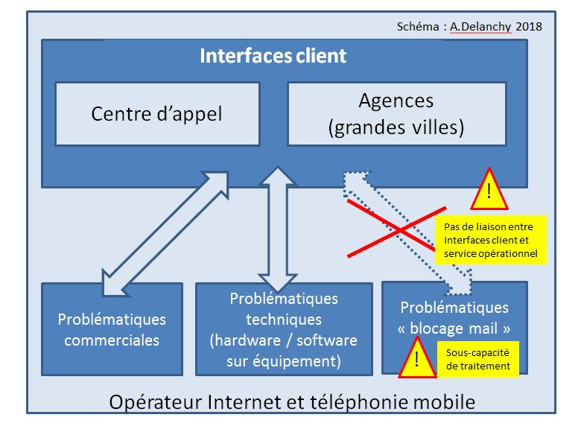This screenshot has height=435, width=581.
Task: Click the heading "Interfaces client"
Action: pos(273,57)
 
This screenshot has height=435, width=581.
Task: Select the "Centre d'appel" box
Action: pos(156,114)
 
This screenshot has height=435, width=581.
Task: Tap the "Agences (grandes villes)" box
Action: pos(396,114)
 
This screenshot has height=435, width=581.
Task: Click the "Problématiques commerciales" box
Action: pos(112,329)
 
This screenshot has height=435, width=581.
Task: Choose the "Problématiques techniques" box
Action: pos(284,329)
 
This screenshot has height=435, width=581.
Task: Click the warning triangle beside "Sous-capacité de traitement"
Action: pos(416,360)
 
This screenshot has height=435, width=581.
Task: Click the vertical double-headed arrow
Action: pos(279,229)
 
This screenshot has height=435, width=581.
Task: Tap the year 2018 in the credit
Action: pos(528,26)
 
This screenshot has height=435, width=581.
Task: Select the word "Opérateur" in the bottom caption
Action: pos(150,403)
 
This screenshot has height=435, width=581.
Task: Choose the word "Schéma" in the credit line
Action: pos(419,26)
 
